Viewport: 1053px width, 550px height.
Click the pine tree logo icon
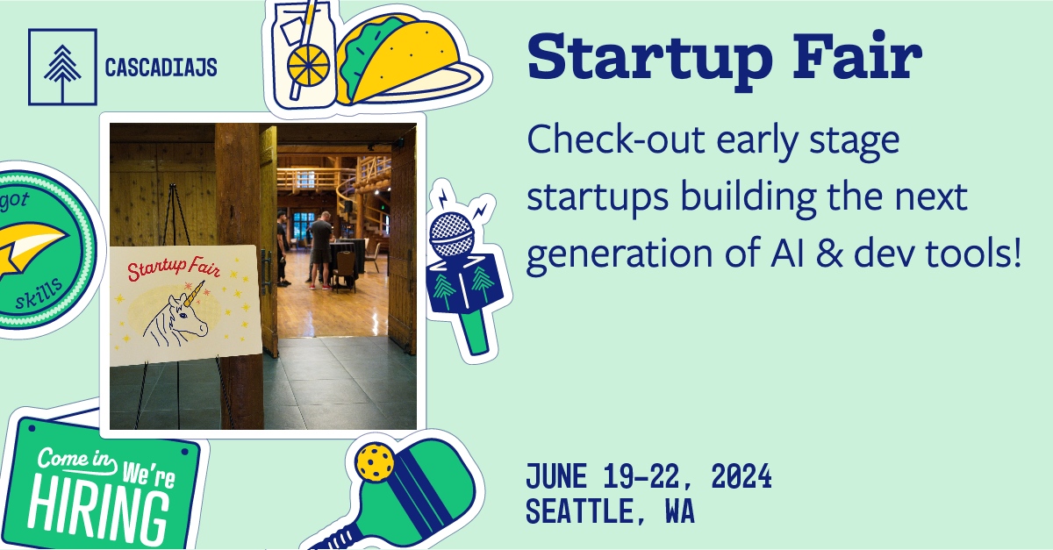point(61,67)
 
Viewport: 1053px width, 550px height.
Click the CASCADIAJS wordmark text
point(161,68)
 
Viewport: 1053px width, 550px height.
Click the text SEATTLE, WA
point(610,511)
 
